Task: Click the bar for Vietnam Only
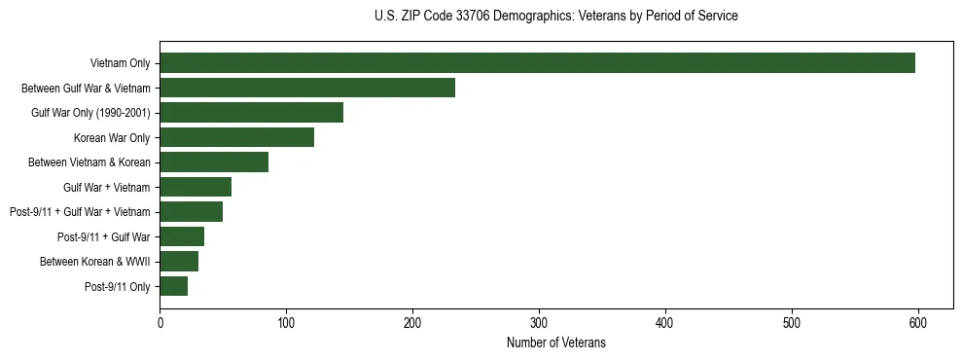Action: [537, 63]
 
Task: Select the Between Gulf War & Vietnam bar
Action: [307, 88]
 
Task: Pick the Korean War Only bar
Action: [236, 137]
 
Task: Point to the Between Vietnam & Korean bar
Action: [214, 162]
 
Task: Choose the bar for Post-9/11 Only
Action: [173, 286]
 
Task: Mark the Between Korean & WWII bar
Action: [179, 262]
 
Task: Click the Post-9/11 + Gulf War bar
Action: [182, 236]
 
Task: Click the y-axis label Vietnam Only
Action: [120, 63]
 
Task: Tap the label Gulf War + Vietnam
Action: [106, 187]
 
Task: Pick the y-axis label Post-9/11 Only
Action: [117, 286]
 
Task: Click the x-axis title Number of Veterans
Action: [555, 342]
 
